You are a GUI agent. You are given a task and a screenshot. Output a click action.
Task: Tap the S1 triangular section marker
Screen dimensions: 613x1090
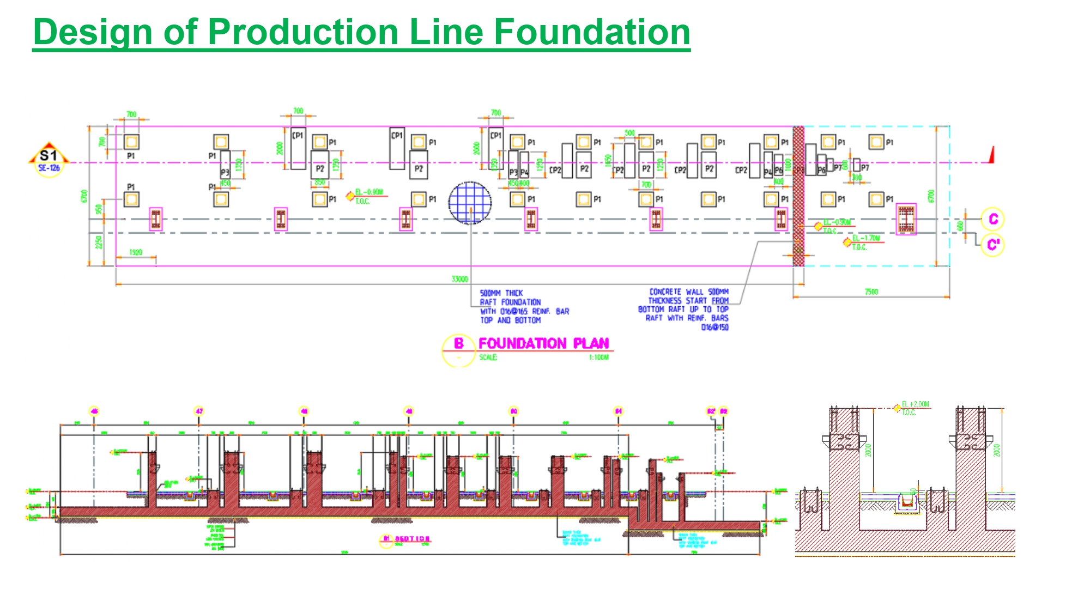(x=49, y=159)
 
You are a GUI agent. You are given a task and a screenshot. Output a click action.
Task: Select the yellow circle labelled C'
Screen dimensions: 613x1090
(x=992, y=245)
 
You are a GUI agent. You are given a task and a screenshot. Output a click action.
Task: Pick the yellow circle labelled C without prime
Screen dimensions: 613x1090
(x=992, y=219)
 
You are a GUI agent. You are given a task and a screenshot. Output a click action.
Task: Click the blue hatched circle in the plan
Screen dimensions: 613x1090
(x=470, y=203)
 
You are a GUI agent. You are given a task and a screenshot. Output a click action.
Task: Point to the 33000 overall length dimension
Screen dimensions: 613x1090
(x=459, y=279)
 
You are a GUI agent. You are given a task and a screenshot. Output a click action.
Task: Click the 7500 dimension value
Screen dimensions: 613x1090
(x=871, y=292)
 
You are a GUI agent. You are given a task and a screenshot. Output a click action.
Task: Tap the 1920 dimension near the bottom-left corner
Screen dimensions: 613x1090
(x=136, y=252)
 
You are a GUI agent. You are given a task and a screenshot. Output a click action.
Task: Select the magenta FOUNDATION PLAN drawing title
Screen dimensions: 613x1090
(x=543, y=343)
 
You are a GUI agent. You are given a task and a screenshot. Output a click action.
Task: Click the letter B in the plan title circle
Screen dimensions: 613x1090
(x=459, y=343)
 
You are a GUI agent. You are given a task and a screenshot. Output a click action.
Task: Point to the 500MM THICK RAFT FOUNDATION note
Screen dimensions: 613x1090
(x=510, y=306)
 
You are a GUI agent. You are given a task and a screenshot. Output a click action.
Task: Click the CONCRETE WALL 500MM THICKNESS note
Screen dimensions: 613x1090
(x=685, y=309)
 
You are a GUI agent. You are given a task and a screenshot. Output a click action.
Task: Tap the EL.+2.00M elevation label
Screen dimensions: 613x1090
(x=915, y=404)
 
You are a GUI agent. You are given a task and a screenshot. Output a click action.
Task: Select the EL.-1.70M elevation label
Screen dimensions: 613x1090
(x=866, y=239)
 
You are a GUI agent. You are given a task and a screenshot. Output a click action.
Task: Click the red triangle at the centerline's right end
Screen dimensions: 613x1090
(x=991, y=155)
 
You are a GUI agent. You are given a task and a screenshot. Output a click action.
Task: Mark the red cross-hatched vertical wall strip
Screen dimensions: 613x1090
(x=798, y=196)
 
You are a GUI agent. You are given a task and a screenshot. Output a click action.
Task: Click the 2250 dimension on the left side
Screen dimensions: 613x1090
(x=98, y=242)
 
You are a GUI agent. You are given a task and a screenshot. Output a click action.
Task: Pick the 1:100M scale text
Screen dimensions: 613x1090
(x=598, y=357)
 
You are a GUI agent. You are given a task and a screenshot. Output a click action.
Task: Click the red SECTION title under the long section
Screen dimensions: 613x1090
(x=412, y=539)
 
